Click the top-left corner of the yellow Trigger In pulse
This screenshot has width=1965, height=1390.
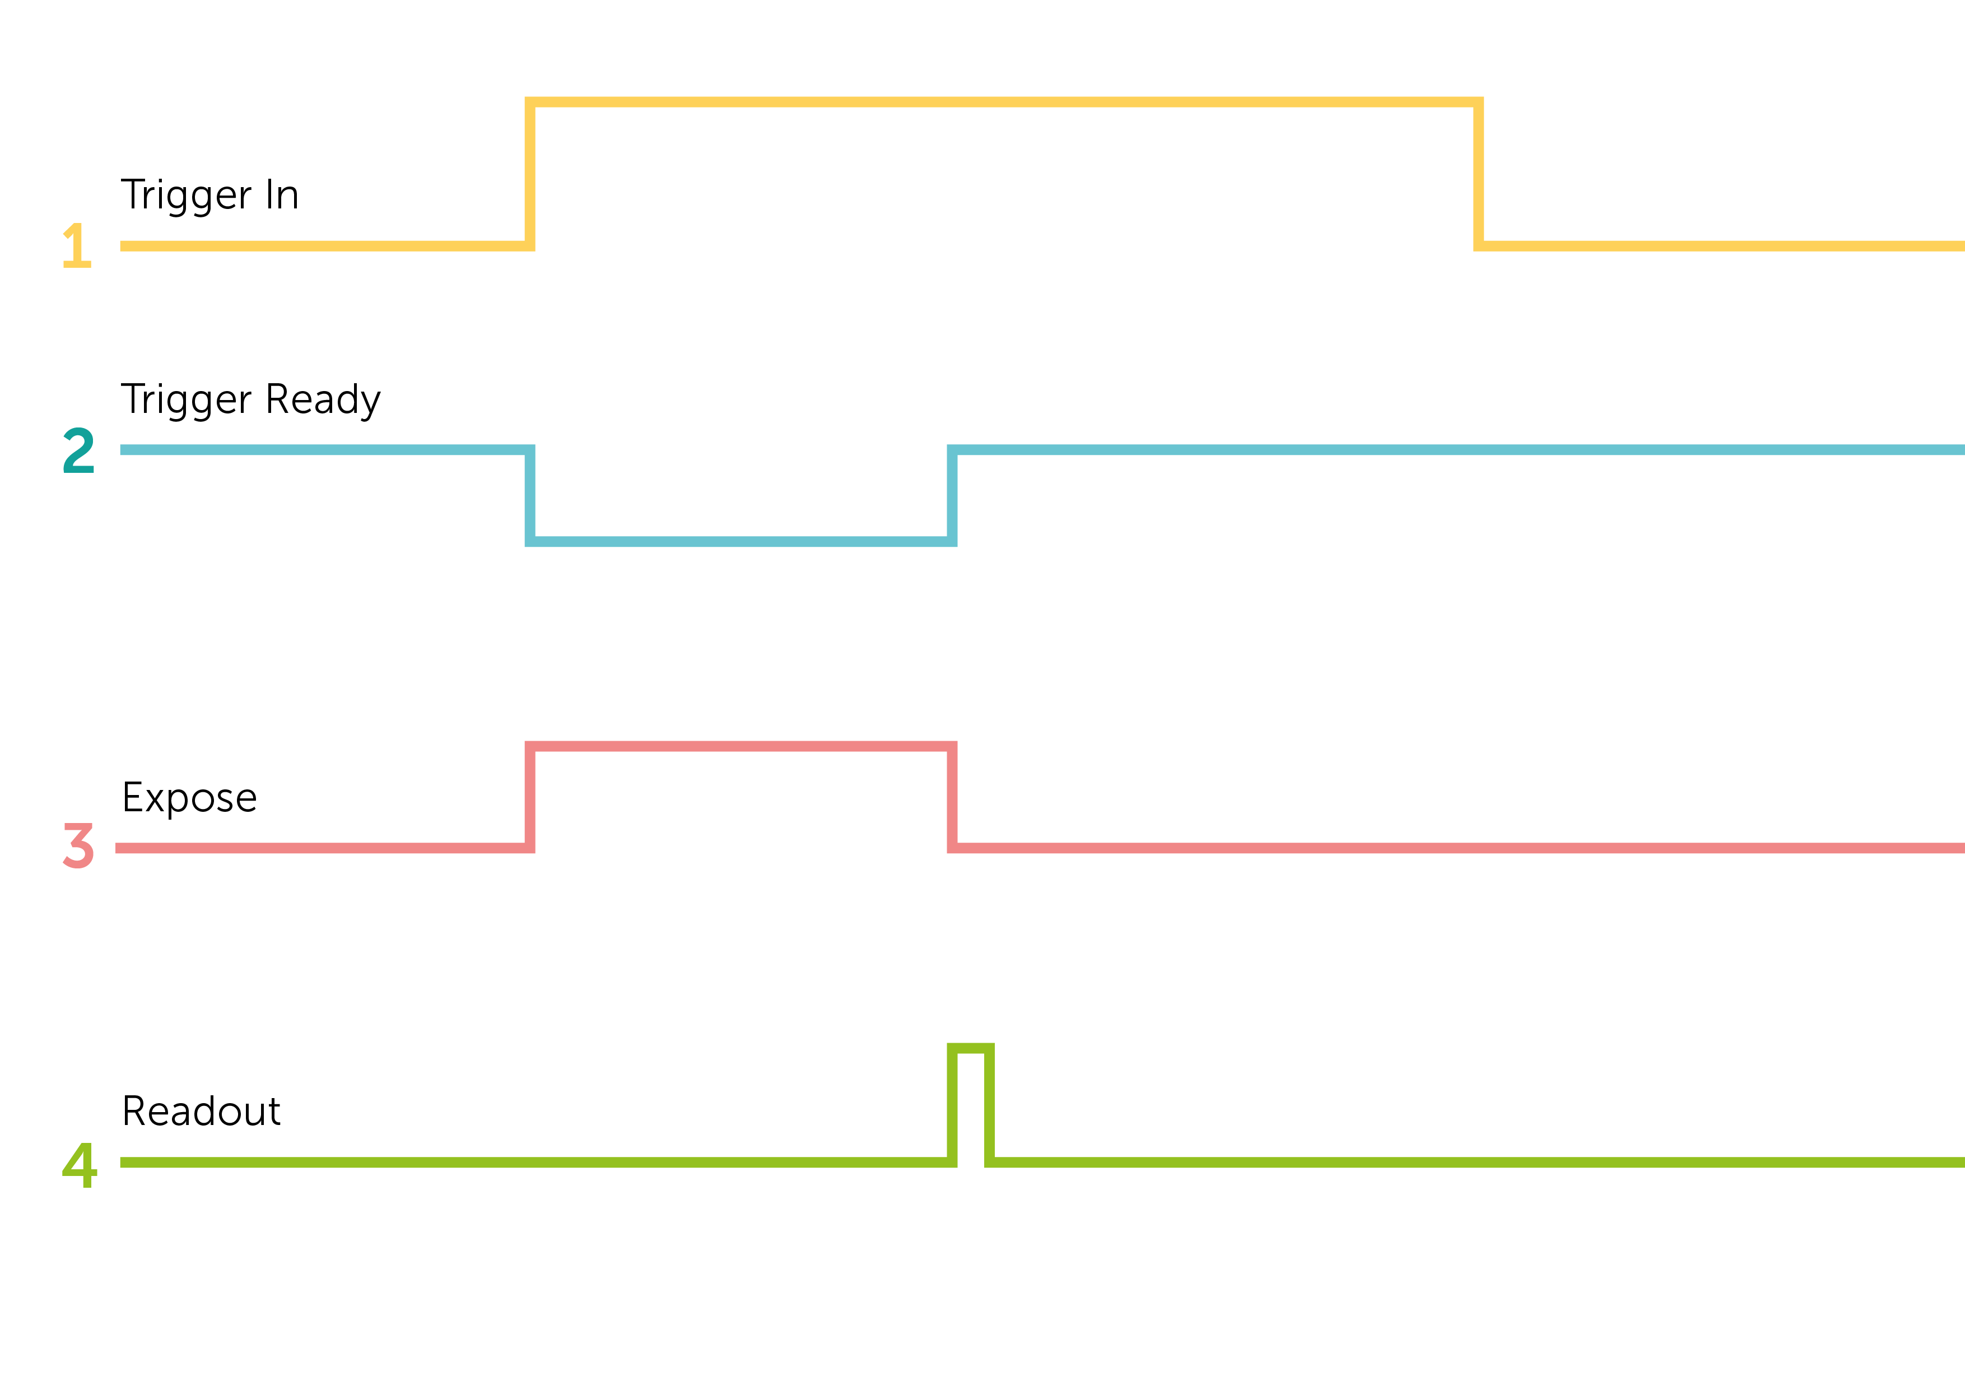(x=530, y=102)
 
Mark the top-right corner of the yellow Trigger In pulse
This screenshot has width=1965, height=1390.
(x=1478, y=102)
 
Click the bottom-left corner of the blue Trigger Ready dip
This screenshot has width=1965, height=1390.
(x=530, y=541)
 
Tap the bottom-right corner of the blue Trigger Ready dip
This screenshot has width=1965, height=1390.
(x=952, y=541)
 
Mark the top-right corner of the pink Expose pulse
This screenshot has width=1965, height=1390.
(x=952, y=746)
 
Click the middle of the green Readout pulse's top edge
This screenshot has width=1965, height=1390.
(x=971, y=1048)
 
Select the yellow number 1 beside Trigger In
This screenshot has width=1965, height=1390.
(x=77, y=245)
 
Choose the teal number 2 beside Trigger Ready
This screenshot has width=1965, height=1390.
(x=79, y=450)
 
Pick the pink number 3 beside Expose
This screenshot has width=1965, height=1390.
(x=78, y=845)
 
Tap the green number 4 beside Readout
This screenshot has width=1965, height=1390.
(x=80, y=1164)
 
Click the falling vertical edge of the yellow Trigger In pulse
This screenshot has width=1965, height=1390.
(x=1478, y=174)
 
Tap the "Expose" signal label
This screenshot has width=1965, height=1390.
(x=189, y=798)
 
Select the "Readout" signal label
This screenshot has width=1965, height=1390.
(x=201, y=1111)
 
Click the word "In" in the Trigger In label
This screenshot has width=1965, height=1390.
(x=282, y=194)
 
